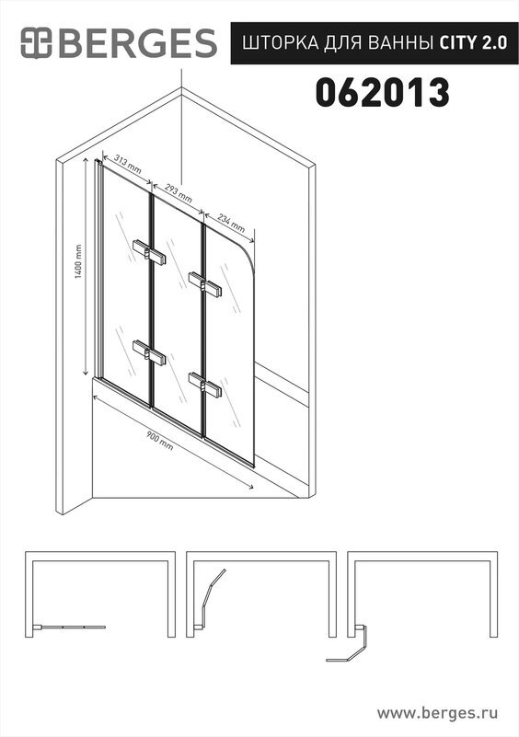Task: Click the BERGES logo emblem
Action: click(36, 43)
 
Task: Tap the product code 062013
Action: click(382, 93)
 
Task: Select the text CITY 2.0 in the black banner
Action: click(473, 43)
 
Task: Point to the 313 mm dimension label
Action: click(128, 165)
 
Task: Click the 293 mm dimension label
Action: click(179, 192)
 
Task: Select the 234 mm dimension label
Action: click(231, 223)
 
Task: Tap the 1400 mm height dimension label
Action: click(78, 261)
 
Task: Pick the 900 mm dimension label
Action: click(159, 442)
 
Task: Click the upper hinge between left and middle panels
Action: click(149, 253)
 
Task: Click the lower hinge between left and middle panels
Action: click(149, 352)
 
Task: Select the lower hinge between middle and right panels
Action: click(205, 385)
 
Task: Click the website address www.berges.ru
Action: click(437, 712)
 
